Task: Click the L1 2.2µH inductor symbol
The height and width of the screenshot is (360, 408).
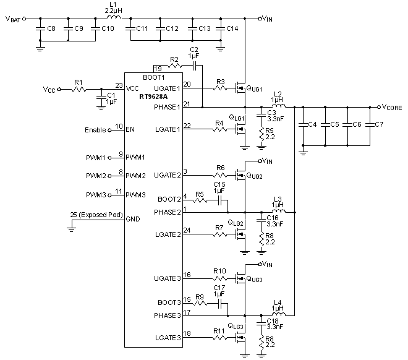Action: pyautogui.click(x=112, y=19)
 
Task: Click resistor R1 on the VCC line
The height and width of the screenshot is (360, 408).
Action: pyautogui.click(x=79, y=90)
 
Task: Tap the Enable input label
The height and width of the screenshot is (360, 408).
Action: pyautogui.click(x=96, y=130)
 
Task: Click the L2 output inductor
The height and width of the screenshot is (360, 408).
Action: pyautogui.click(x=278, y=106)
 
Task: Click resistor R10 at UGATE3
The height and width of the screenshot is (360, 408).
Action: pyautogui.click(x=221, y=279)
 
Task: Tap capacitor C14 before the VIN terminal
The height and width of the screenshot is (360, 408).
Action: pyautogui.click(x=221, y=29)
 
